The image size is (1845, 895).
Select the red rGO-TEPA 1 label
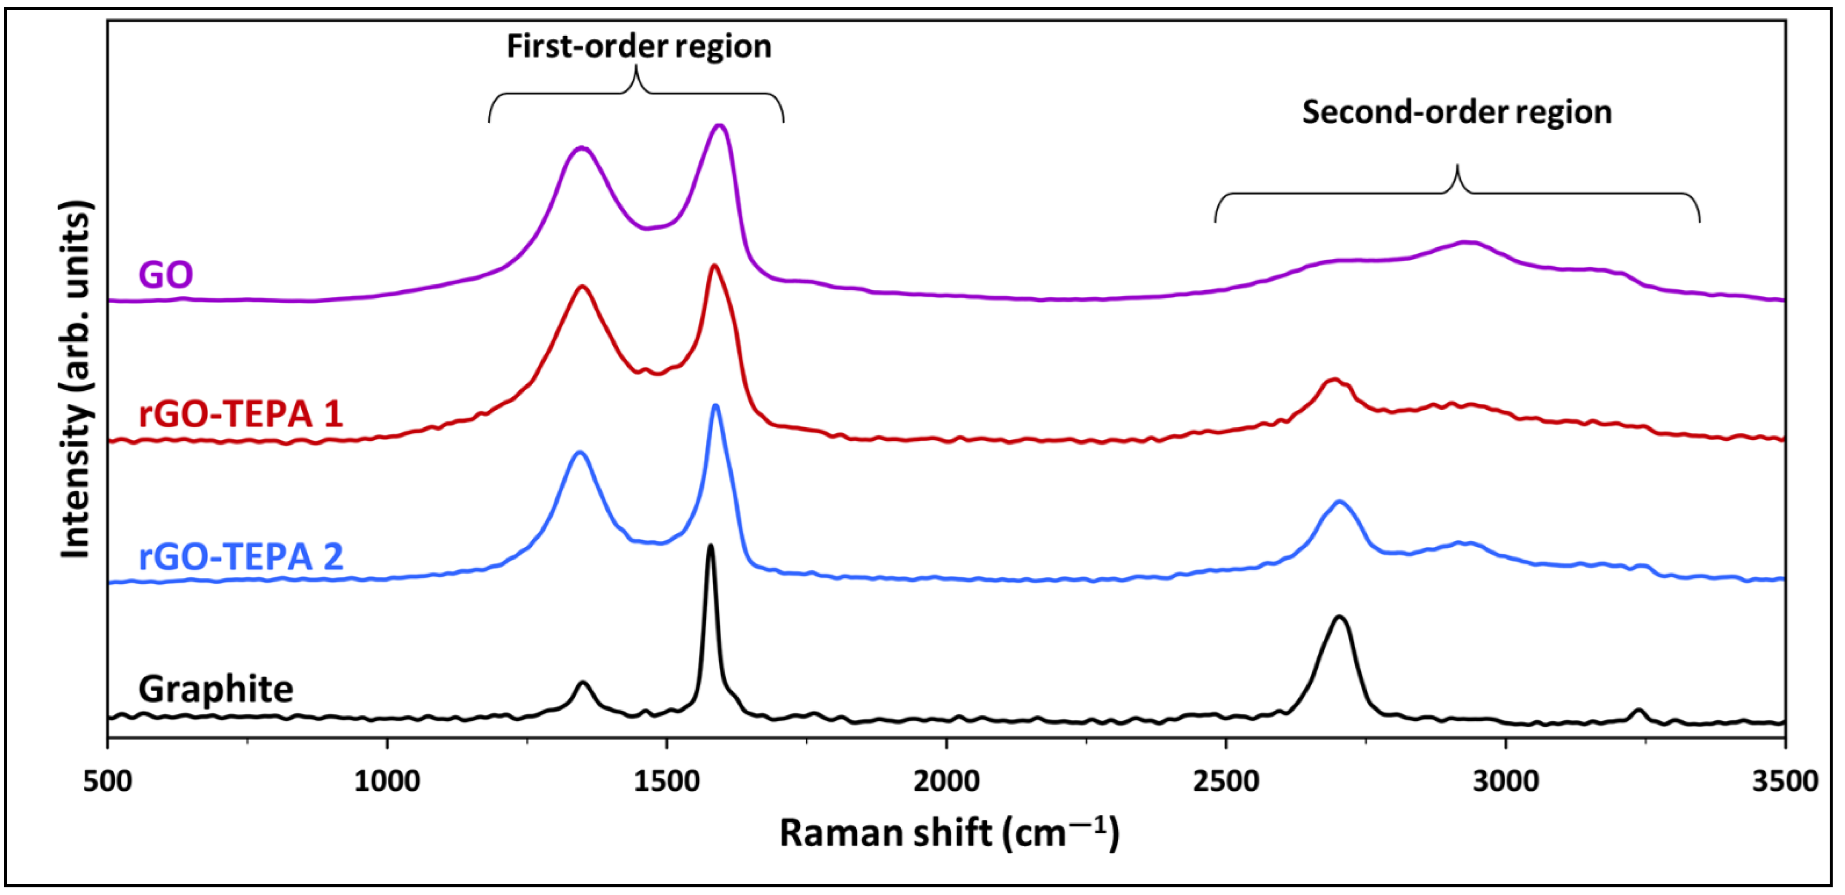tap(241, 414)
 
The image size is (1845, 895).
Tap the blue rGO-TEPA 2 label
tap(241, 557)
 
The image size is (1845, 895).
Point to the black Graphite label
tap(216, 689)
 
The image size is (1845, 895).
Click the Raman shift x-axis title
tap(949, 833)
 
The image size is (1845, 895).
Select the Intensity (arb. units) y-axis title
tap(76, 380)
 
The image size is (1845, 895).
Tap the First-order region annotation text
tap(639, 46)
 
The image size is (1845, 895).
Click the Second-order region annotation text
tap(1457, 112)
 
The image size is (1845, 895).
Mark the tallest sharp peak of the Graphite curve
tap(711, 547)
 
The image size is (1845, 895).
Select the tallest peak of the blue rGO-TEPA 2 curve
tap(715, 406)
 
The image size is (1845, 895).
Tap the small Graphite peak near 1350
tap(583, 683)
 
